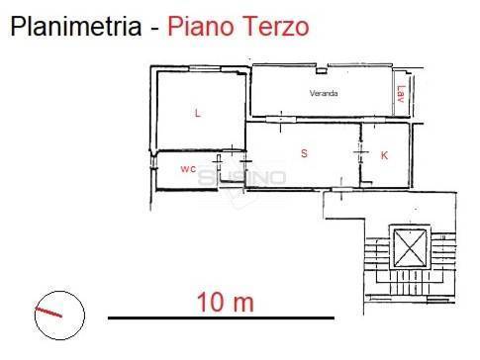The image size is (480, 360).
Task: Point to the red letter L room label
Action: pyautogui.click(x=198, y=114)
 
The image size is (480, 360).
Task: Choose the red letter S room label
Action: pyautogui.click(x=304, y=154)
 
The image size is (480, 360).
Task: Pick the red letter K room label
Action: pyautogui.click(x=384, y=155)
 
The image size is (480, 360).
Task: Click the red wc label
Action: pyautogui.click(x=188, y=169)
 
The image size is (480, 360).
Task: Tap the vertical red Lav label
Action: pyautogui.click(x=400, y=94)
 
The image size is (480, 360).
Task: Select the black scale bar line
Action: pyautogui.click(x=220, y=317)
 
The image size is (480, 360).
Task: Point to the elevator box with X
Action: pyautogui.click(x=409, y=246)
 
